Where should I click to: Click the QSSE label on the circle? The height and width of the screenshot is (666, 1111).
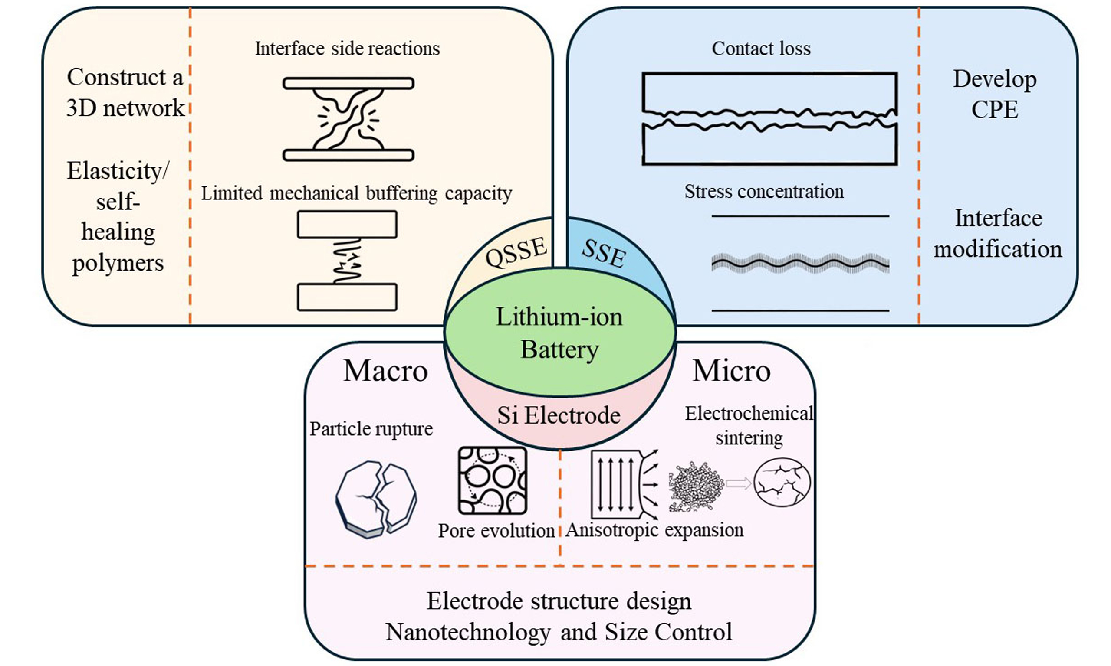tap(516, 252)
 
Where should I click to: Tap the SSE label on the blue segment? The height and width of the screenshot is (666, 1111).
tap(604, 253)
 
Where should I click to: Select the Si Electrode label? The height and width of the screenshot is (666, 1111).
tap(559, 415)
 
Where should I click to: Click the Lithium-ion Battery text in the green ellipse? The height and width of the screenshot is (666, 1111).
tap(559, 333)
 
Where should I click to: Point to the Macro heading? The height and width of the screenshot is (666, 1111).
tap(385, 371)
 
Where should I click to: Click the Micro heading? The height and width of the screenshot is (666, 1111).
tap(731, 371)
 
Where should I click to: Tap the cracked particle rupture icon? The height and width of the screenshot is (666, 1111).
tap(376, 499)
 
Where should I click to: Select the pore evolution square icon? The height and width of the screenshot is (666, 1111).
tap(492, 480)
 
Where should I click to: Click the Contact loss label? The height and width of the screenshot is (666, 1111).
tap(761, 49)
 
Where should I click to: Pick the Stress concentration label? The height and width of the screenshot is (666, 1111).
tap(764, 192)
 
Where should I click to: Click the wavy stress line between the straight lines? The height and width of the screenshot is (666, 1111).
tap(800, 264)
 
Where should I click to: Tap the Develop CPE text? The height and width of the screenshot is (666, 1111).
tap(995, 94)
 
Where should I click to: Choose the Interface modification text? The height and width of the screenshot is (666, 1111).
tap(998, 234)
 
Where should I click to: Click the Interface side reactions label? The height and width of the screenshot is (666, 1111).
tap(347, 49)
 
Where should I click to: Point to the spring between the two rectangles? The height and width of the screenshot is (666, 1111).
tap(347, 261)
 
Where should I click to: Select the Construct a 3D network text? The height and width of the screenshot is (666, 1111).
tap(125, 92)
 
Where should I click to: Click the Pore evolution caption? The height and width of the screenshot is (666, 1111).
tap(496, 530)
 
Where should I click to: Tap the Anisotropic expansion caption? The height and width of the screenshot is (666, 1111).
tap(654, 530)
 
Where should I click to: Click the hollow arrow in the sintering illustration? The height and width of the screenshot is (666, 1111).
tap(738, 483)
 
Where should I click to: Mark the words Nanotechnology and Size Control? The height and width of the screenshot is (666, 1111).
tap(559, 632)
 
